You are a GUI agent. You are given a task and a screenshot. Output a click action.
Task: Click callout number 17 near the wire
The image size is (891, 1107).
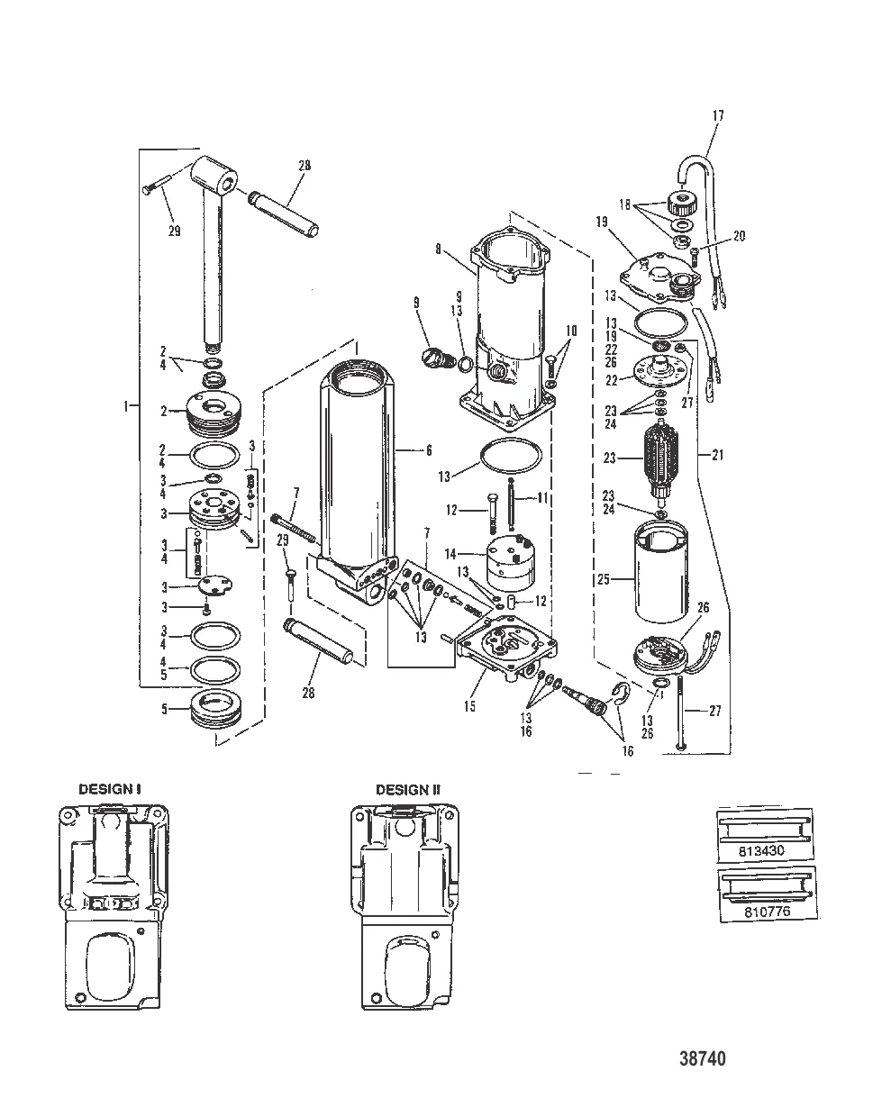click(717, 115)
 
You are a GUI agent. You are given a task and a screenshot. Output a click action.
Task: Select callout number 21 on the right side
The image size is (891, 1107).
click(717, 455)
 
